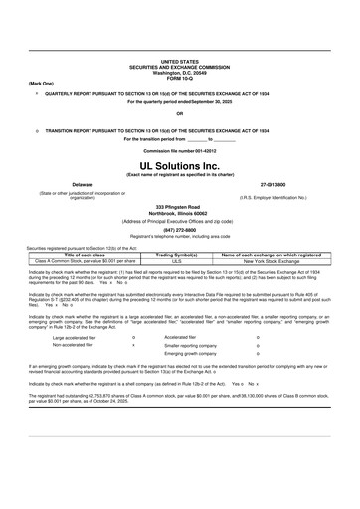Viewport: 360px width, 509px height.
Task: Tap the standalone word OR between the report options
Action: click(179, 113)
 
